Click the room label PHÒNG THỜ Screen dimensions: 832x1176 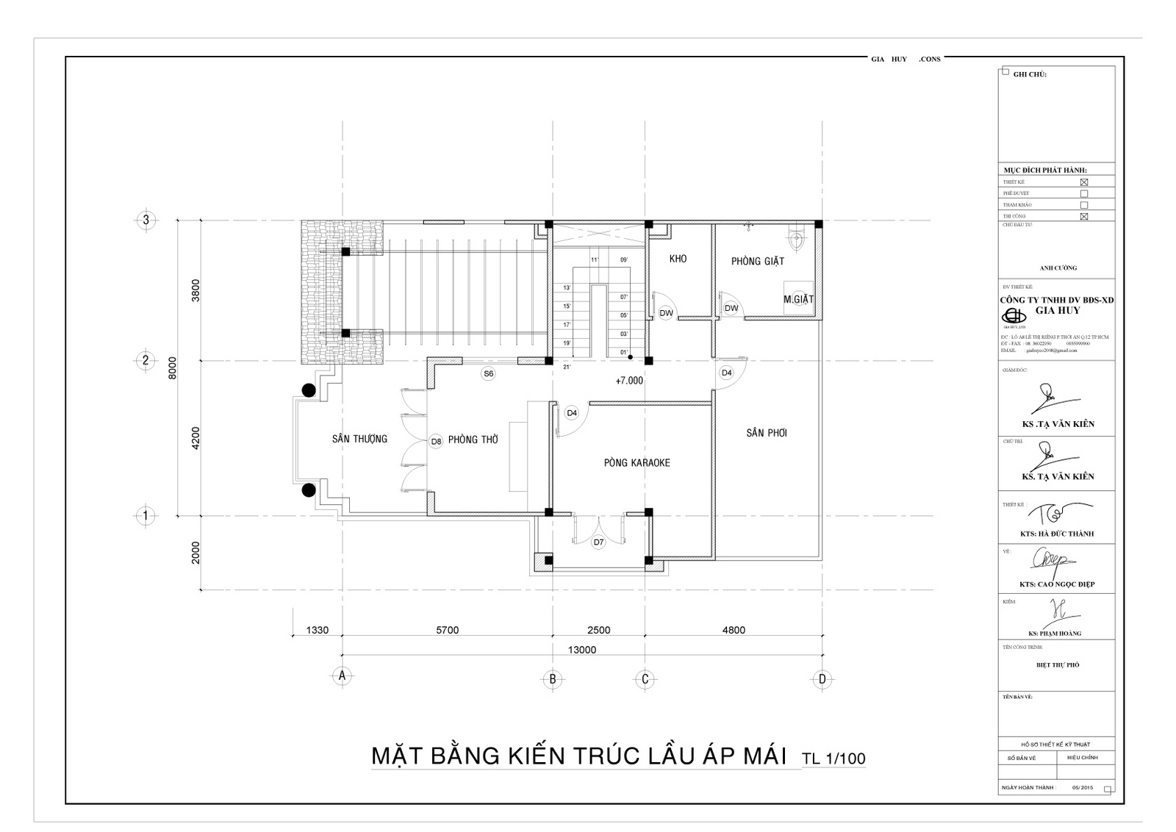pyautogui.click(x=473, y=440)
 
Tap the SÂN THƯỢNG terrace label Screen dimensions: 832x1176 pyautogui.click(x=359, y=439)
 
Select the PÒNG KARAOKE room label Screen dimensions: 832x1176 pyautogui.click(x=637, y=463)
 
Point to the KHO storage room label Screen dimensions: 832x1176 pyautogui.click(x=678, y=259)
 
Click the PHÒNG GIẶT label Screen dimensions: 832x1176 pyautogui.click(x=757, y=261)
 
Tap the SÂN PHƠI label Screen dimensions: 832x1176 pyautogui.click(x=767, y=433)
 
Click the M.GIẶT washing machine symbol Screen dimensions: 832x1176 pyautogui.click(x=798, y=298)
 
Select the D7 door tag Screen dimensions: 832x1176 pyautogui.click(x=598, y=542)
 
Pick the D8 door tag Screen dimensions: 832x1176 pyautogui.click(x=436, y=441)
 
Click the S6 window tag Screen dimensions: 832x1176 pyautogui.click(x=488, y=373)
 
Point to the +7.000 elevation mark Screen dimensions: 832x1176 pyautogui.click(x=629, y=381)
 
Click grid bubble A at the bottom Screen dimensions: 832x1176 pyautogui.click(x=341, y=675)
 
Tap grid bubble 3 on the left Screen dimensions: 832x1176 pyautogui.click(x=146, y=220)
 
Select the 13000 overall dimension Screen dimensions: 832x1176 pyautogui.click(x=581, y=650)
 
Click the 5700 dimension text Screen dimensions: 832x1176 pyautogui.click(x=447, y=630)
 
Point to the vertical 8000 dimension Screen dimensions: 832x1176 pyautogui.click(x=172, y=367)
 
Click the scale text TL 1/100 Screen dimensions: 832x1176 pyautogui.click(x=833, y=759)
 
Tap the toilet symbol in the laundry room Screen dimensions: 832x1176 pyautogui.click(x=795, y=238)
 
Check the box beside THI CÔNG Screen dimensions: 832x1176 pyautogui.click(x=1083, y=217)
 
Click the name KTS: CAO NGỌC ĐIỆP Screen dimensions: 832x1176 pyautogui.click(x=1057, y=584)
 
